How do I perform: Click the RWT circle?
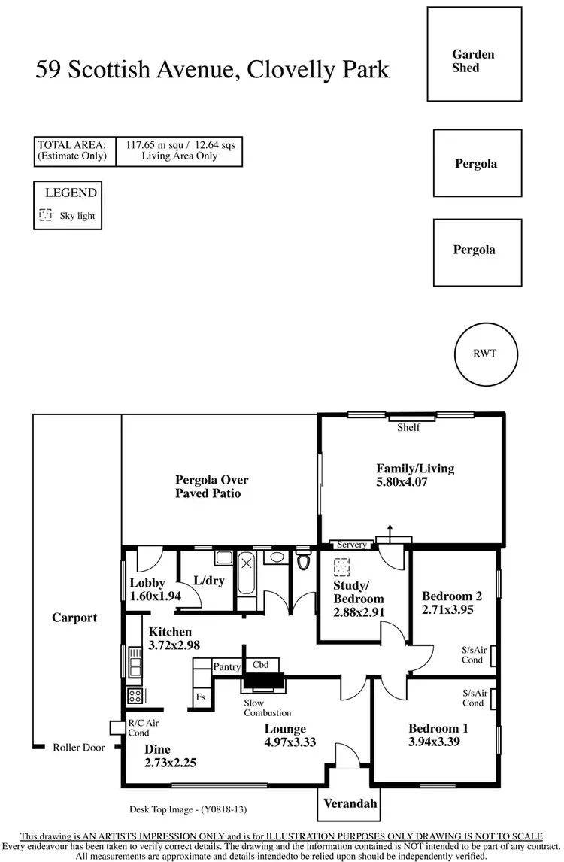(x=486, y=354)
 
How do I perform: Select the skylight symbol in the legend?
(x=45, y=215)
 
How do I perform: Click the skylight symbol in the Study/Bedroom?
(x=342, y=566)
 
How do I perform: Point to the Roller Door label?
(x=78, y=748)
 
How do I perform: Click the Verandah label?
(x=350, y=803)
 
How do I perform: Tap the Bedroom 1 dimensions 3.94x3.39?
(x=434, y=742)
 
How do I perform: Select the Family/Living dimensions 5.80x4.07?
(x=402, y=482)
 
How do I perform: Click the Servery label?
(x=352, y=545)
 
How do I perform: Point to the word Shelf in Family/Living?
(x=408, y=428)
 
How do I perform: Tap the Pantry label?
(x=226, y=666)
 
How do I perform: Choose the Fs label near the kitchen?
(x=201, y=697)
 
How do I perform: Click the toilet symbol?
(x=303, y=560)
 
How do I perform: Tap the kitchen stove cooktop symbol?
(x=135, y=696)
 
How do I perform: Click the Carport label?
(x=74, y=618)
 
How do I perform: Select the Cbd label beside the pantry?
(x=261, y=665)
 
